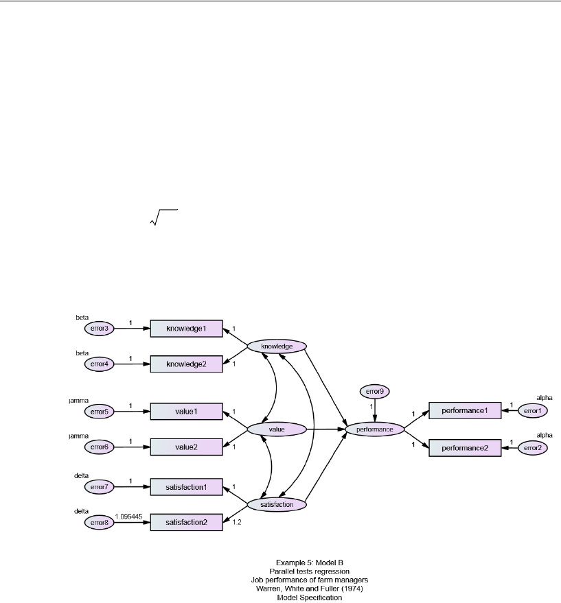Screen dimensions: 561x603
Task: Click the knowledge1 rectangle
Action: point(187,329)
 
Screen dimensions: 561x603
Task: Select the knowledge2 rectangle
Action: point(187,364)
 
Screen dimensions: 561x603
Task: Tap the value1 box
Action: point(187,412)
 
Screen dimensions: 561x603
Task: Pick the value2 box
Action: point(187,447)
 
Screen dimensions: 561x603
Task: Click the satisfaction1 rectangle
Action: point(187,487)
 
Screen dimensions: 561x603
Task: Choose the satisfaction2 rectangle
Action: point(187,522)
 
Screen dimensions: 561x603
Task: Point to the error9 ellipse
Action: point(374,392)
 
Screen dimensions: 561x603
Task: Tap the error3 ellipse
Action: point(98,329)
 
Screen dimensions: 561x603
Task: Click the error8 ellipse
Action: point(98,522)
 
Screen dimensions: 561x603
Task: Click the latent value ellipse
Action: point(276,429)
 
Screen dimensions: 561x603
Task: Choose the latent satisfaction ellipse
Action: point(277,504)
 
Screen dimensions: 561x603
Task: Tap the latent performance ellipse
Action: point(374,429)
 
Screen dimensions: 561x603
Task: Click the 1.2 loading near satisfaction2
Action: point(237,523)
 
